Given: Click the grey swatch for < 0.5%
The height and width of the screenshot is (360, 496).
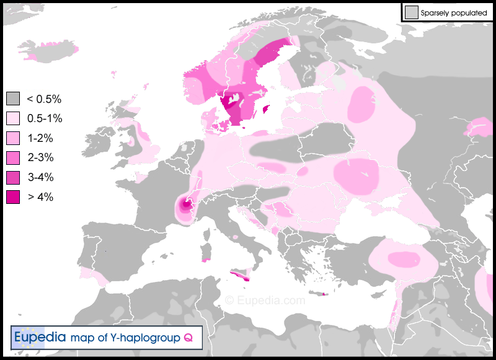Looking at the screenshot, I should (x=13, y=99).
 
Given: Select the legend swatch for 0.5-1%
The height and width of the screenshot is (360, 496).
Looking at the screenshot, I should (x=13, y=118).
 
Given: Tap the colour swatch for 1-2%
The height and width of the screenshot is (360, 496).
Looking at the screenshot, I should (x=13, y=138).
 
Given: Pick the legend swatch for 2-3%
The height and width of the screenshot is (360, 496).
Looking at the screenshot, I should (x=13, y=158).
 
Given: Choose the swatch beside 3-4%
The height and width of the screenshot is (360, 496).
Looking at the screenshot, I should (x=13, y=178).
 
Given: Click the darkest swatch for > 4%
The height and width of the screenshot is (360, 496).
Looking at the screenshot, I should (x=13, y=198).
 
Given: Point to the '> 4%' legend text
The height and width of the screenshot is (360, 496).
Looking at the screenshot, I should (x=40, y=198).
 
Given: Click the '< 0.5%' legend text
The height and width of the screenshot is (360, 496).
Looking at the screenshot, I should (x=43, y=99).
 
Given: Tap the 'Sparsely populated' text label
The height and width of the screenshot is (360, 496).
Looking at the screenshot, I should (x=453, y=12).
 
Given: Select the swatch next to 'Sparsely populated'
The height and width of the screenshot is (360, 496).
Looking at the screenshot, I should (x=410, y=12).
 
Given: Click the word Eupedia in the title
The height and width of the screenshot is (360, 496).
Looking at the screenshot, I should (x=40, y=338).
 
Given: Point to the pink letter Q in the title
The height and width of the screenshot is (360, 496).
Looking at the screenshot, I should (x=187, y=338).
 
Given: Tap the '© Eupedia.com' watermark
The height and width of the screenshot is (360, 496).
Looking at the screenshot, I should (x=265, y=301).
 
